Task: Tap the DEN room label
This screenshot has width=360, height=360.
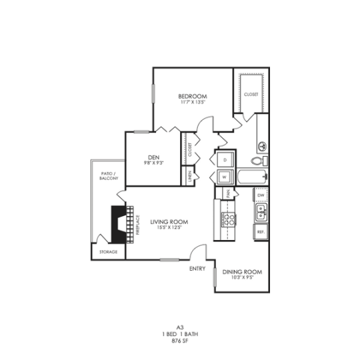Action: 153,157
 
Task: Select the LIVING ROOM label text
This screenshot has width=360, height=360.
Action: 168,221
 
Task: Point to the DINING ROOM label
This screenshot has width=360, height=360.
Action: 242,272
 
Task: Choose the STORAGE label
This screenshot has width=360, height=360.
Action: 109,252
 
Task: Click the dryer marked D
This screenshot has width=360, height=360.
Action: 225,161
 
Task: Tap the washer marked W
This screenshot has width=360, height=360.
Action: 225,177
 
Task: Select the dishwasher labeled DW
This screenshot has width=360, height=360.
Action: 261,195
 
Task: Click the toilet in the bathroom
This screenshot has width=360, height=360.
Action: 260,161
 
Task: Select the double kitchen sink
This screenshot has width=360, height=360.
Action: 261,213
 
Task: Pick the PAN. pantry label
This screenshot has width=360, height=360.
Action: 227,193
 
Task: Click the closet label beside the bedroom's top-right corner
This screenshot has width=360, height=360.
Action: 251,95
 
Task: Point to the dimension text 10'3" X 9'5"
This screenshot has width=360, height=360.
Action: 242,278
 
